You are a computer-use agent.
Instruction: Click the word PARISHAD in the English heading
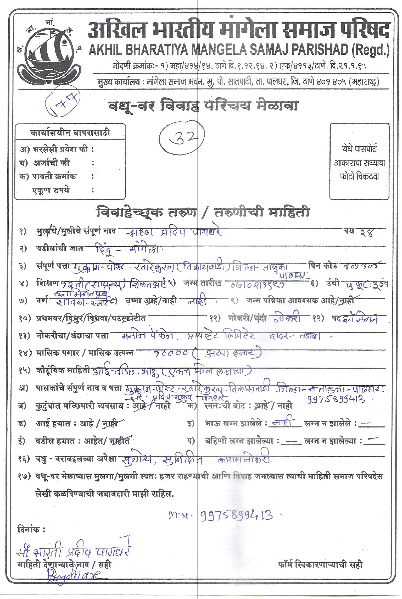(316, 50)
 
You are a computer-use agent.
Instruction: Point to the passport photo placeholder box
(359, 162)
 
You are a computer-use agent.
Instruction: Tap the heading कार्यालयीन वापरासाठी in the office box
(70, 133)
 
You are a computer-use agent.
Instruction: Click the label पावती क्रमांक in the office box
(54, 176)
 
